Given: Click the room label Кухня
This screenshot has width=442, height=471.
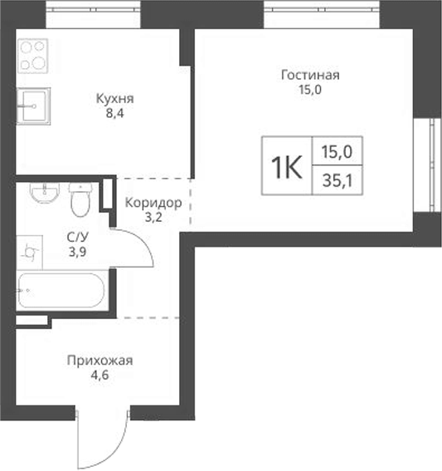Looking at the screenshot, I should (115, 99).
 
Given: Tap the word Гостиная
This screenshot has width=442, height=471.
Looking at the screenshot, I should (310, 75).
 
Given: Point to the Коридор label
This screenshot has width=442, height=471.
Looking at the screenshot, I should (153, 203).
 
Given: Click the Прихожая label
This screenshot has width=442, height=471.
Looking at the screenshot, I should (100, 361).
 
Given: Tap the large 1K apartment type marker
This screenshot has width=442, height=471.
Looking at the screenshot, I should (285, 166).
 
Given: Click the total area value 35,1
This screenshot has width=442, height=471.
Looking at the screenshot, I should (337, 179).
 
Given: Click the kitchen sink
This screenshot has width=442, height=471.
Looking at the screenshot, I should (33, 104).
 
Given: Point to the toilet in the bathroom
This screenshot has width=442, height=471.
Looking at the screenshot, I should (80, 199).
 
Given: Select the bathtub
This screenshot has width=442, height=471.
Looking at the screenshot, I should (61, 293).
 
